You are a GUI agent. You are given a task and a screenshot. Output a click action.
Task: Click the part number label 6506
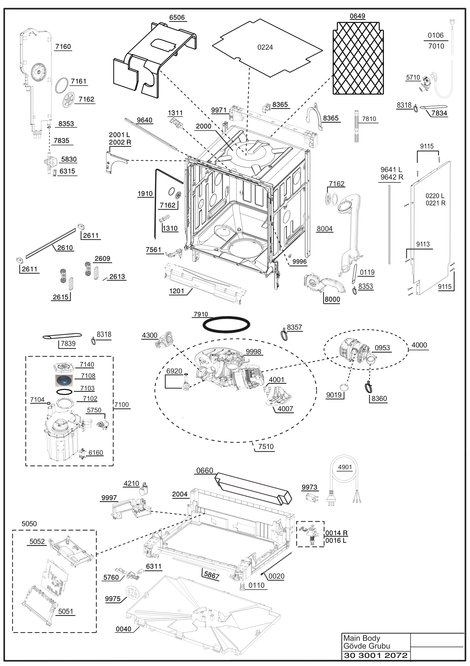(177, 17)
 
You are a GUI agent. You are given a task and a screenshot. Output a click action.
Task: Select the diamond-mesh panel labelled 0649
(358, 58)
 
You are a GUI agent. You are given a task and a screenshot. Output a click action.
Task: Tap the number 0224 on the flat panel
(265, 47)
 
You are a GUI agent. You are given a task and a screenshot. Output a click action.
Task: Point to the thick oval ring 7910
(226, 324)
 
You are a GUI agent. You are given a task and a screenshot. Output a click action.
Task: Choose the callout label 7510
(266, 446)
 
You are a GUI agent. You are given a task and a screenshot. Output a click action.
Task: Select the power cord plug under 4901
(331, 498)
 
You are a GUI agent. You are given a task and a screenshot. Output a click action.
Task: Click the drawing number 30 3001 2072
(376, 655)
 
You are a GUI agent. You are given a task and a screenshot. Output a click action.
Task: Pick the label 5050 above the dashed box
(29, 524)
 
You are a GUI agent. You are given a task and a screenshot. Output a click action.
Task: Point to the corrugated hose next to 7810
(356, 126)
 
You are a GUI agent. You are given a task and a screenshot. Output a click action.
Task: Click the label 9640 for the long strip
(144, 120)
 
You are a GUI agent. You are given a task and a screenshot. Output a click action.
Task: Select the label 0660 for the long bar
(205, 470)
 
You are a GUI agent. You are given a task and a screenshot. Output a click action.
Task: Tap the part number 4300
(149, 335)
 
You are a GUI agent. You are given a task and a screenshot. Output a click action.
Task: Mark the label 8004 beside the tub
(325, 229)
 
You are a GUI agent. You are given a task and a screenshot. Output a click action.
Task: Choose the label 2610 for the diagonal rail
(65, 248)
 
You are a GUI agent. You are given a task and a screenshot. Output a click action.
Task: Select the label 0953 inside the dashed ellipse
(382, 348)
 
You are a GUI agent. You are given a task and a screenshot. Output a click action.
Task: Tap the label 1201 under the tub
(177, 291)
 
